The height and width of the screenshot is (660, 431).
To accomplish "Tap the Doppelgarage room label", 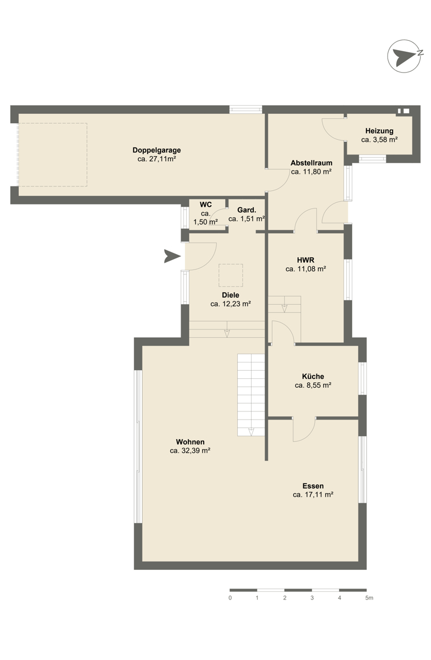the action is [156, 150].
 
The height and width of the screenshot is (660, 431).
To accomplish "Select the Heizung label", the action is [379, 131].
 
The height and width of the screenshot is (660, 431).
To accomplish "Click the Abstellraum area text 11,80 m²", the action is [317, 172].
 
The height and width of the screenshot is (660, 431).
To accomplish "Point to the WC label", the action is [205, 205].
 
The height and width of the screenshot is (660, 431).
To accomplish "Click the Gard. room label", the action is [247, 210].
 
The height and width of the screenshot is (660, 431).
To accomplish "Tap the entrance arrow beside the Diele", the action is [172, 256].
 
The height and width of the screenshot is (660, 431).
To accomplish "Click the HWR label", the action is [305, 260].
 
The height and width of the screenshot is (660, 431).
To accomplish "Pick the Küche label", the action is [313, 376].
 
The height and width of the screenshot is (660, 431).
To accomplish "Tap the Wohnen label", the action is [190, 442].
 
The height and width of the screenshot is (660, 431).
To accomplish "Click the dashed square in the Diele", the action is [231, 275].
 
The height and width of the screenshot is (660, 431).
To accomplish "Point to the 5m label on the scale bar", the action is [369, 598].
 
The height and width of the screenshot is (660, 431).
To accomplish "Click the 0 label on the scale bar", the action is [230, 598].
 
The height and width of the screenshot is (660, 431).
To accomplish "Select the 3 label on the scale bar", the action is [312, 598].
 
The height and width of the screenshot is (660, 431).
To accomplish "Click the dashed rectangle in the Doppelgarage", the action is [53, 155].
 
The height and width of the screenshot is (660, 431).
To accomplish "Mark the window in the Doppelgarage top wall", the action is [245, 109].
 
